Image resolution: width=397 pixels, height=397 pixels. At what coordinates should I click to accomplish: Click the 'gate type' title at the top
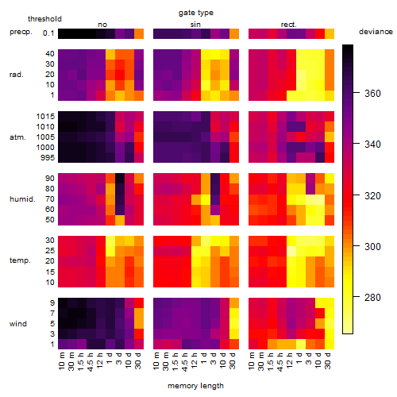(x=196, y=13)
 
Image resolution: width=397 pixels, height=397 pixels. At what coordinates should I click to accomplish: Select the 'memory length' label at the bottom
(x=195, y=386)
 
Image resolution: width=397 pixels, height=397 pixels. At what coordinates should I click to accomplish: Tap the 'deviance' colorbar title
(x=376, y=32)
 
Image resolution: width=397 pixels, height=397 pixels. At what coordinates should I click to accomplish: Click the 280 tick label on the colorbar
(x=372, y=298)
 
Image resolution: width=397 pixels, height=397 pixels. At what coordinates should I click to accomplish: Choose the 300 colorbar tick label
(x=372, y=247)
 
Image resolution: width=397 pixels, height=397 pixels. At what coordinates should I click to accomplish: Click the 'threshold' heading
(x=44, y=19)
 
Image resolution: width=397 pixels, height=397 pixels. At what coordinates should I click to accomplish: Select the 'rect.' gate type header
(x=288, y=25)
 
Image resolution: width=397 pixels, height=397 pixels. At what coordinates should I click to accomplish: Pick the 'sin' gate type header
(x=195, y=25)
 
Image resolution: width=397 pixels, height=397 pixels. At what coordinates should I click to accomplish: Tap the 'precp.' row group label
(x=21, y=32)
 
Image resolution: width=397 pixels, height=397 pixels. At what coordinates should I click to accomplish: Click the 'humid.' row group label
(x=22, y=199)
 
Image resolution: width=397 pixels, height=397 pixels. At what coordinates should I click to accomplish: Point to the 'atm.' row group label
(x=17, y=137)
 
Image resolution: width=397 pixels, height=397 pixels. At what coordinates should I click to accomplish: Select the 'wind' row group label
(x=18, y=324)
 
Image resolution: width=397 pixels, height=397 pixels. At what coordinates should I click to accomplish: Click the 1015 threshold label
(x=45, y=117)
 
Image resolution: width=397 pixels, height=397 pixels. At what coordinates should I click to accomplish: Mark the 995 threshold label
(x=48, y=158)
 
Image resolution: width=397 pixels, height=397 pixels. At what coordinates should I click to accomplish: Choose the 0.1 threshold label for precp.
(x=48, y=33)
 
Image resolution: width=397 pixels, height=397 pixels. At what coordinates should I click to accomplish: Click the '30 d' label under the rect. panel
(x=328, y=360)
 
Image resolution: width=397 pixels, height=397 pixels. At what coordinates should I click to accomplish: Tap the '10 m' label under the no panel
(x=61, y=361)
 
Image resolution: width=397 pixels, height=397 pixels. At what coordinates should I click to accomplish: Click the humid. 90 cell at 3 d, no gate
(x=120, y=179)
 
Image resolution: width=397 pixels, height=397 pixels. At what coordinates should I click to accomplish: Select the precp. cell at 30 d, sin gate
(x=234, y=33)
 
